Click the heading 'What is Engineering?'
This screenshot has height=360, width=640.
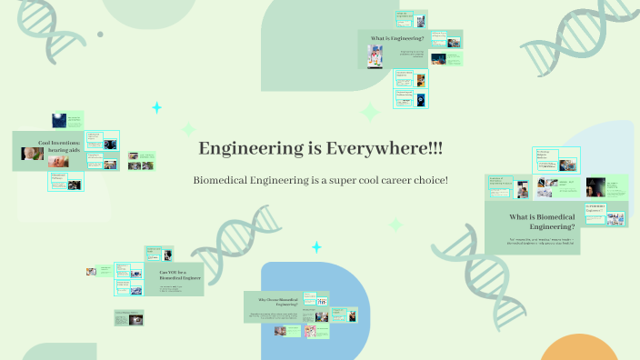397,38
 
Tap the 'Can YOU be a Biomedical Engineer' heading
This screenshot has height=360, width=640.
180,275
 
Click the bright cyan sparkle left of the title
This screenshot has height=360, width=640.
156,108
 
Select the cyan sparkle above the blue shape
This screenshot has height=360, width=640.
316,247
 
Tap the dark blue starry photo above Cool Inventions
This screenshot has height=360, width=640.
60,119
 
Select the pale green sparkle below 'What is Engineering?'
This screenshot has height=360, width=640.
370,113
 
